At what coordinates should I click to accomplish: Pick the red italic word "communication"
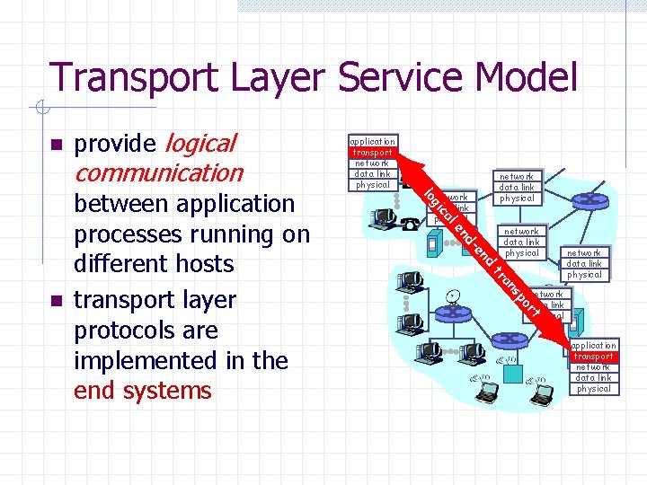[158, 172]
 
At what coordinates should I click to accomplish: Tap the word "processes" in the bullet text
[131, 235]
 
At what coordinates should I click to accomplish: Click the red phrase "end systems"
[143, 391]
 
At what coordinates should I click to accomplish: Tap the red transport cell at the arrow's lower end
[593, 357]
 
